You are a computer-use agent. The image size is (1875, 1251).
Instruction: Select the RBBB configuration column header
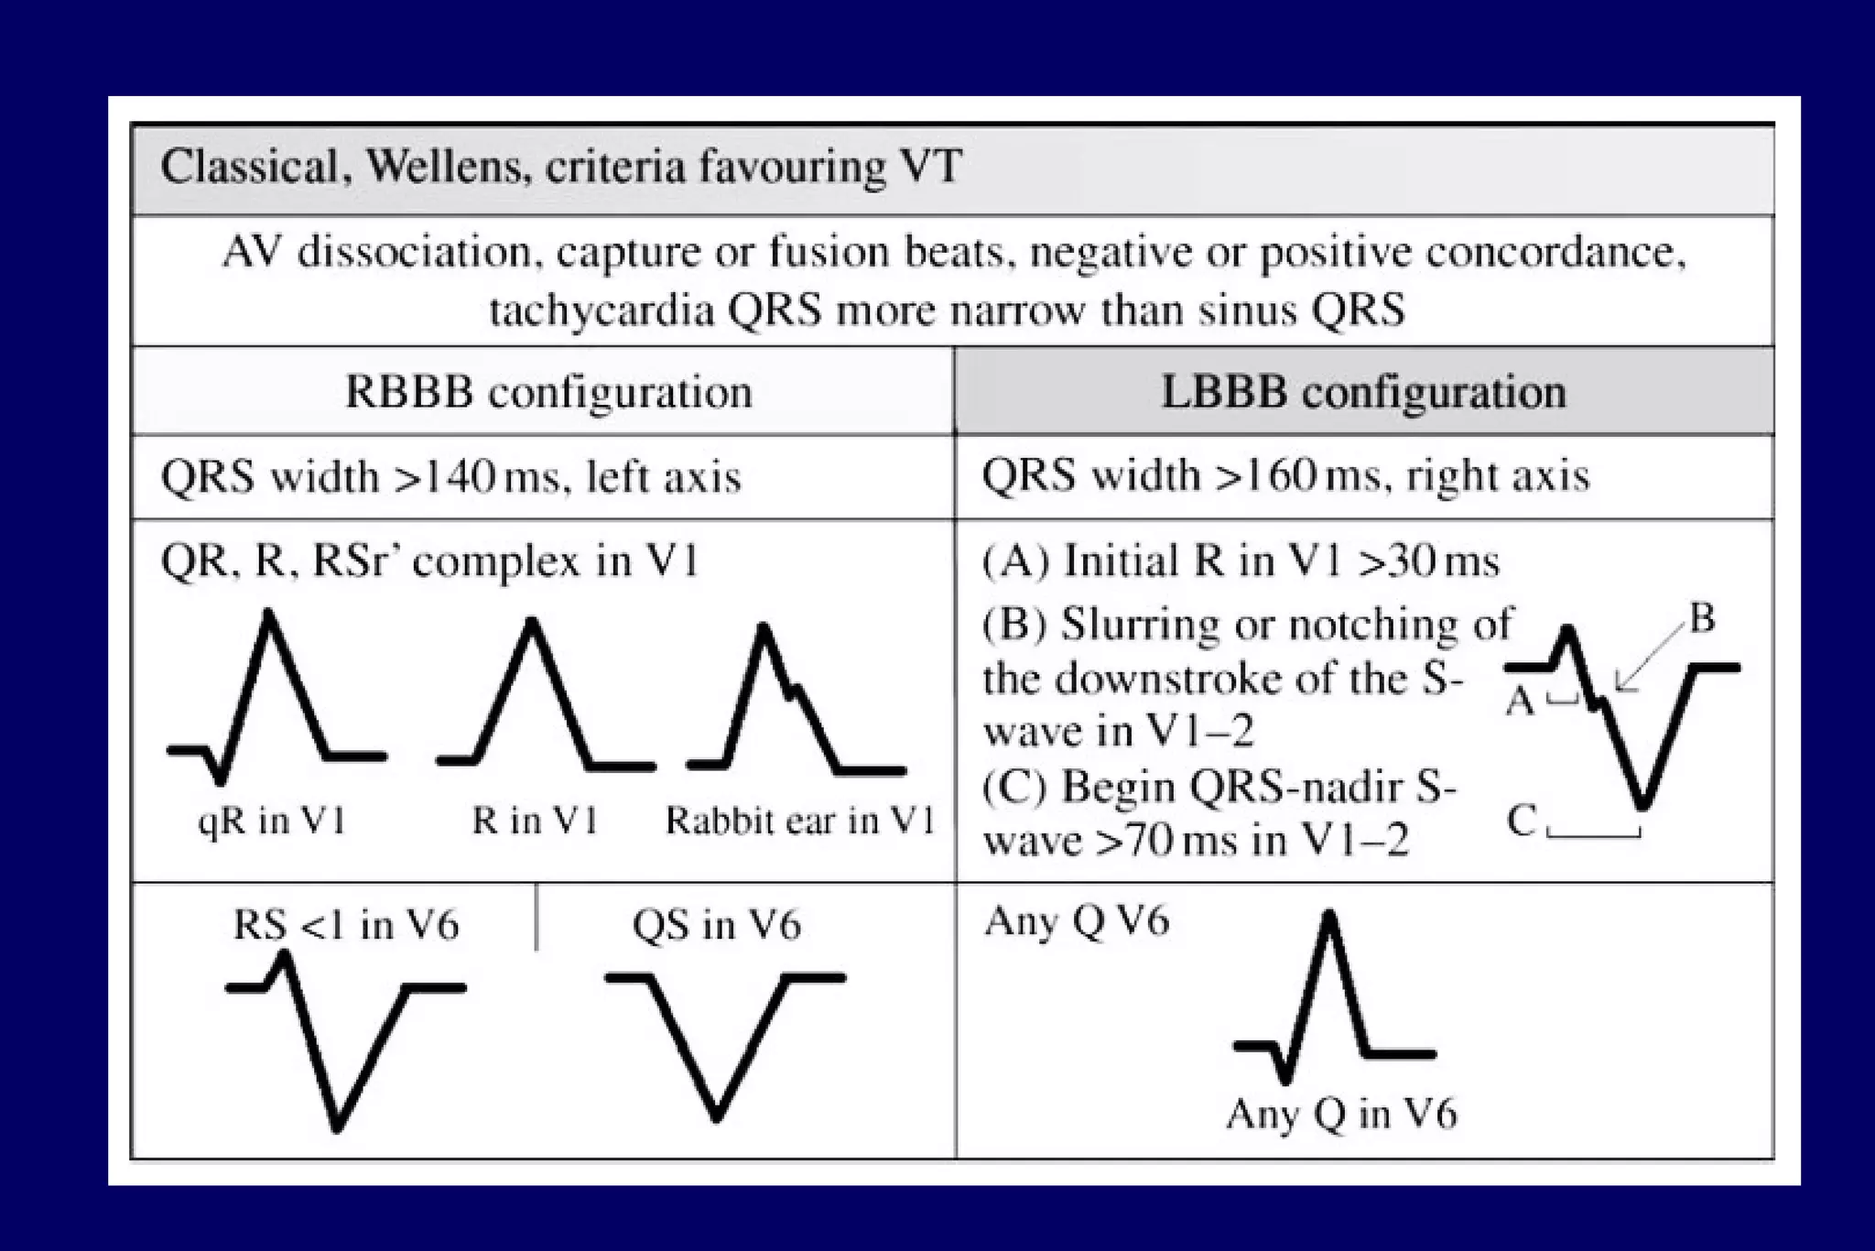(x=548, y=392)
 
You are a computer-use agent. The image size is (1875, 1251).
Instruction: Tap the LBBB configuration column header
(x=1363, y=392)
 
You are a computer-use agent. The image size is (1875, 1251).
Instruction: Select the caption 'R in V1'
(x=535, y=821)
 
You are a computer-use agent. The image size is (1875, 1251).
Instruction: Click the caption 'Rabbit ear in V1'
(x=800, y=821)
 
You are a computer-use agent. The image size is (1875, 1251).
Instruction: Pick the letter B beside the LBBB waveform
(x=1701, y=619)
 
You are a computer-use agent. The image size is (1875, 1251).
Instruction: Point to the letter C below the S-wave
(x=1522, y=821)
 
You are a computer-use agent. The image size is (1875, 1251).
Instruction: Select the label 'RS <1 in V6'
(x=345, y=925)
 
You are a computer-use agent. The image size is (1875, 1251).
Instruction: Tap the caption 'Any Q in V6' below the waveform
(x=1341, y=1115)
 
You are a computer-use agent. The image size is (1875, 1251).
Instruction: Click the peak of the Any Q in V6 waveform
(x=1329, y=916)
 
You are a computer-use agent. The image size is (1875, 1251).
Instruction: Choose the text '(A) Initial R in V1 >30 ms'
(x=1241, y=560)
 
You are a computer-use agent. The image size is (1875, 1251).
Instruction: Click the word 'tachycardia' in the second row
(x=601, y=310)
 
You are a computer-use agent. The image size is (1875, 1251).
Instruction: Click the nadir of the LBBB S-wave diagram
(x=1643, y=806)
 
